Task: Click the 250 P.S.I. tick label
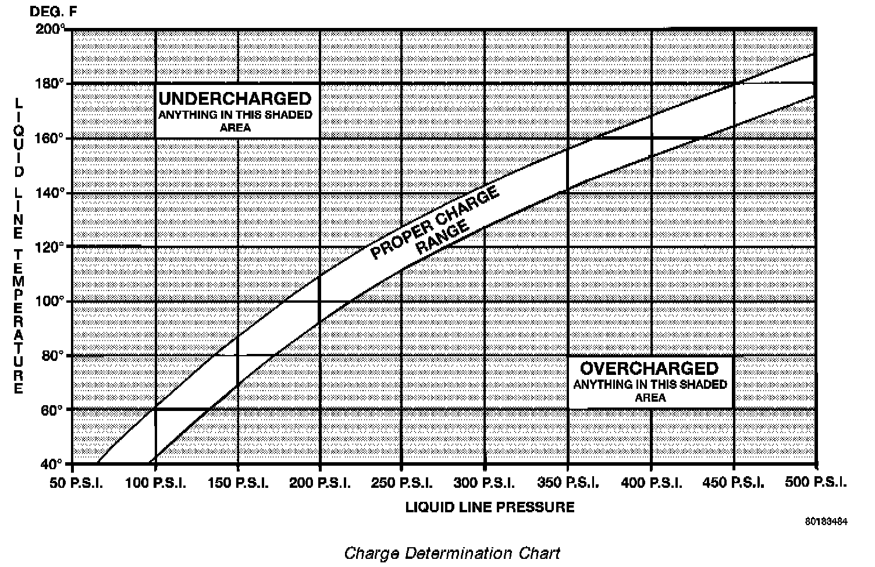point(407,483)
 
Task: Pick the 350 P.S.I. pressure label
point(573,483)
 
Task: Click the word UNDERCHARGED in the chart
point(235,98)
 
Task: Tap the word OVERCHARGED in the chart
point(649,368)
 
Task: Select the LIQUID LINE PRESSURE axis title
point(490,507)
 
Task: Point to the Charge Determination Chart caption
point(452,553)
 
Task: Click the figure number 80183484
point(827,522)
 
